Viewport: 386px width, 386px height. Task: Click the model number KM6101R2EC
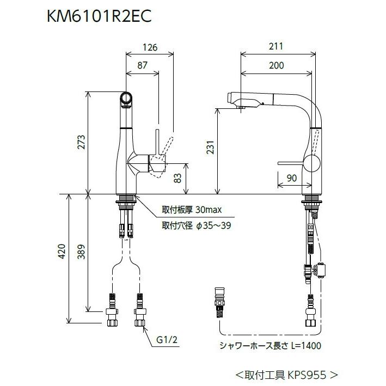point(99,17)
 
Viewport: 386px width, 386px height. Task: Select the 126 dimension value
point(150,47)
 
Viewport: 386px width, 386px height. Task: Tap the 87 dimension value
point(142,65)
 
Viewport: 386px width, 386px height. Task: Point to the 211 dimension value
point(276,46)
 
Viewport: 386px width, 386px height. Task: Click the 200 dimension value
point(277,65)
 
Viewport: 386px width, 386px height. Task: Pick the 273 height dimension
point(81,142)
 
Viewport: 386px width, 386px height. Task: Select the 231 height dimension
point(210,148)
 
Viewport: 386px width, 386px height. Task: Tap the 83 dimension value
point(177,178)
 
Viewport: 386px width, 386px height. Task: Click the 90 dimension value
point(292,178)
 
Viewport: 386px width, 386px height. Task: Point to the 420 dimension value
point(62,251)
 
